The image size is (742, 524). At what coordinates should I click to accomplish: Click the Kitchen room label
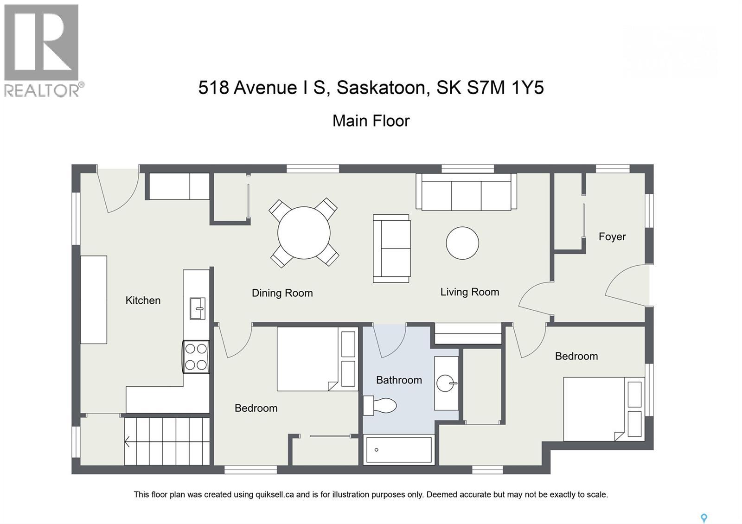click(143, 300)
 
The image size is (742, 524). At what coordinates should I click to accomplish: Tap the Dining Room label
click(282, 293)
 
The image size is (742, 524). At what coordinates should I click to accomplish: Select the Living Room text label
click(469, 292)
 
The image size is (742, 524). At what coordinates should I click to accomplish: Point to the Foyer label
click(612, 236)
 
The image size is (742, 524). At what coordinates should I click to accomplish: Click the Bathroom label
click(399, 380)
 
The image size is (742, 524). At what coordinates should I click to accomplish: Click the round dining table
click(304, 233)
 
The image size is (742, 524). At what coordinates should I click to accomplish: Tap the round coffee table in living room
click(462, 243)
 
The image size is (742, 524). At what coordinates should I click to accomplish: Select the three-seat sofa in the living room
click(466, 192)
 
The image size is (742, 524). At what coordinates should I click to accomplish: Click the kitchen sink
click(197, 308)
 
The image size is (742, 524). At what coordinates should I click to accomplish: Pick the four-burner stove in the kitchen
click(196, 357)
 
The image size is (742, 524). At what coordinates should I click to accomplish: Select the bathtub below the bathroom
click(399, 449)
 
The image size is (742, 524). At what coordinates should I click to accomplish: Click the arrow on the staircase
click(127, 442)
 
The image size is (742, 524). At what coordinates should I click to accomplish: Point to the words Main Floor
click(371, 121)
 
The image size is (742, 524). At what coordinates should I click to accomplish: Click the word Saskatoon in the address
click(380, 87)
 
